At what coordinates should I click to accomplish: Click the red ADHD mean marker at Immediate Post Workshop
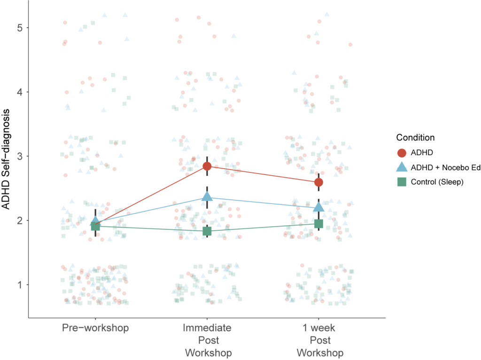(x=207, y=166)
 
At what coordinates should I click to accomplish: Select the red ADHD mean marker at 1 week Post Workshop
(x=318, y=182)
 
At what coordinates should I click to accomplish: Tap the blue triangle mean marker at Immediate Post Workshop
(x=207, y=197)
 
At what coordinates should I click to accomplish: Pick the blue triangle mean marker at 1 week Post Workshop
(x=318, y=207)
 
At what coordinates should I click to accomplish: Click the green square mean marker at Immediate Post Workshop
(x=207, y=231)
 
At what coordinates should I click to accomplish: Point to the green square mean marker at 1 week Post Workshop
(x=318, y=223)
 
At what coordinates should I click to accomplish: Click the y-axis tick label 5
(x=20, y=28)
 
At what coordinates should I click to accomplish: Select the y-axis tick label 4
(x=20, y=92)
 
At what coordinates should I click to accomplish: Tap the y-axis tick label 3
(x=20, y=156)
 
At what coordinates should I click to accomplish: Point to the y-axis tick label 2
(x=20, y=220)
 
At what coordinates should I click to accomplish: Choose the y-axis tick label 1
(x=20, y=284)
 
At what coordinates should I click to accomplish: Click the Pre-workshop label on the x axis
(x=95, y=327)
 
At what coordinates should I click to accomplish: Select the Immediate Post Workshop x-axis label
(x=207, y=340)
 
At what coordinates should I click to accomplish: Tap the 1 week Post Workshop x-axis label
(x=318, y=340)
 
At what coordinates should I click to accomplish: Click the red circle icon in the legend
(x=401, y=152)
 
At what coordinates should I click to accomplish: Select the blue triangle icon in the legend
(x=401, y=167)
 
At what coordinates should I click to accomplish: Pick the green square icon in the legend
(x=401, y=182)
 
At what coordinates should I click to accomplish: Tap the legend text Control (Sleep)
(x=437, y=182)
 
